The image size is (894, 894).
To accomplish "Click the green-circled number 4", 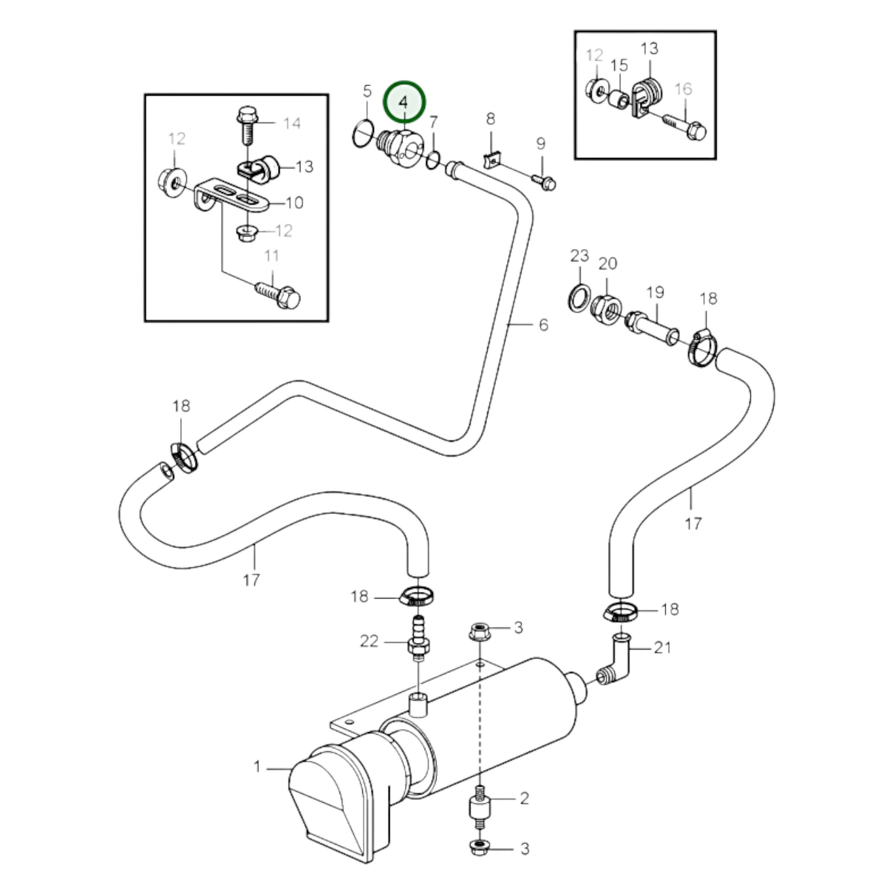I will coord(404,102).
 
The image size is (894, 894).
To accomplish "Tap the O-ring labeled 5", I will coord(363,134).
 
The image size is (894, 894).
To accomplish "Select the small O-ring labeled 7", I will coord(433,160).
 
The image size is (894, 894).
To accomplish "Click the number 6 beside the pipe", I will coord(543,325).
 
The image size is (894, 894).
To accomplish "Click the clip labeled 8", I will coord(491,160).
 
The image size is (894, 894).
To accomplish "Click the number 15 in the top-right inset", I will coord(619,65).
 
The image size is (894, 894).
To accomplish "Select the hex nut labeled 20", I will coord(606,307).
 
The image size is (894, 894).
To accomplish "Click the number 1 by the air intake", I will coord(257,767).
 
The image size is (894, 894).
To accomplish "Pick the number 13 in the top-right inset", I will coord(649,48).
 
